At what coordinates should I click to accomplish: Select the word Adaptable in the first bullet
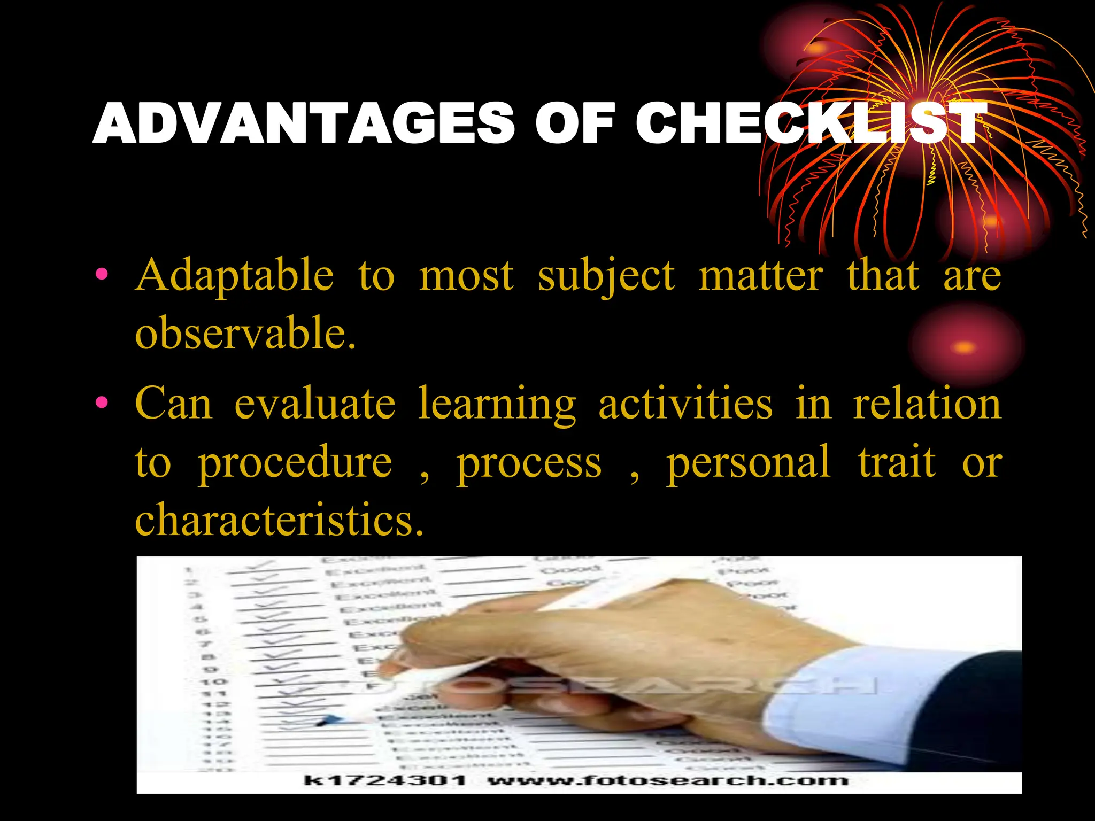coord(235,276)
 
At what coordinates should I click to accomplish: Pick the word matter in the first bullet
coord(761,276)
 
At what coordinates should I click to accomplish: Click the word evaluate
coord(315,404)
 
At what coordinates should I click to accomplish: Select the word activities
coord(685,404)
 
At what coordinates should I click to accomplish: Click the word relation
coord(927,404)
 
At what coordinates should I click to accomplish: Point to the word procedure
coord(295,463)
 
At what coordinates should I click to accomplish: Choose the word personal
coord(748,463)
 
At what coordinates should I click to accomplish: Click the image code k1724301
coord(385,780)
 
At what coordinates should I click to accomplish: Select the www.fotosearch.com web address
coord(668,780)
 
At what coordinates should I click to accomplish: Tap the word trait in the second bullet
coord(897,462)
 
